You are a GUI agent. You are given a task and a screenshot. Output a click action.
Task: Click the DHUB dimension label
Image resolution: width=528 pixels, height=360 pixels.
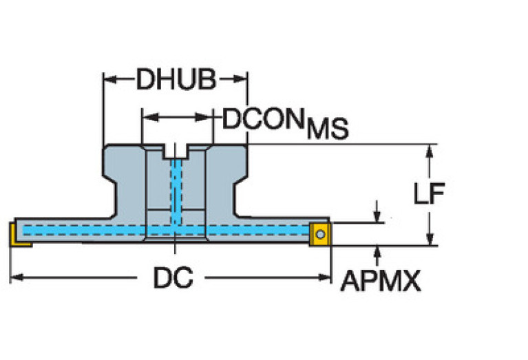click(x=176, y=79)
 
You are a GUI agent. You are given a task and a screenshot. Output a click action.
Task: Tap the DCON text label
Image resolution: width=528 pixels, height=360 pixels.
click(x=263, y=119)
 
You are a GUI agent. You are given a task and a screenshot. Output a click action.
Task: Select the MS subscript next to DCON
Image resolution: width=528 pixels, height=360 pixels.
click(x=327, y=129)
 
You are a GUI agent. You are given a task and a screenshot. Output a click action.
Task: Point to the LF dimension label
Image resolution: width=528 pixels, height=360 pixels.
click(x=429, y=193)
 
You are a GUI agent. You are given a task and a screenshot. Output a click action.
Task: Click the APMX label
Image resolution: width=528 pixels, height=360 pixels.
click(x=381, y=281)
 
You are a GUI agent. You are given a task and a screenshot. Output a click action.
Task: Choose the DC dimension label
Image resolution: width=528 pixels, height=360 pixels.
click(x=173, y=277)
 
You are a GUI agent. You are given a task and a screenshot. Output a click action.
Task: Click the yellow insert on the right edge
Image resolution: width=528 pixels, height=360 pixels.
click(x=320, y=235)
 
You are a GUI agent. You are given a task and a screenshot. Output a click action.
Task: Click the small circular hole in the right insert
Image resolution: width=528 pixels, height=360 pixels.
click(x=320, y=234)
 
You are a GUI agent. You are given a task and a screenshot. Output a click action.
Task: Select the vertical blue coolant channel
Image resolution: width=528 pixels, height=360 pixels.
click(x=176, y=192)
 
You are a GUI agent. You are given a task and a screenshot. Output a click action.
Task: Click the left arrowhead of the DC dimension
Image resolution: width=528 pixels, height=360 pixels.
click(x=17, y=277)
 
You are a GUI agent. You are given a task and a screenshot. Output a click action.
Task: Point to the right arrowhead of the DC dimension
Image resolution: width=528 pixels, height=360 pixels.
click(x=325, y=277)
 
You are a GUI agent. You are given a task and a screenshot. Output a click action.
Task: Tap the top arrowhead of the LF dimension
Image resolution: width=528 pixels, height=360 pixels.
click(x=429, y=151)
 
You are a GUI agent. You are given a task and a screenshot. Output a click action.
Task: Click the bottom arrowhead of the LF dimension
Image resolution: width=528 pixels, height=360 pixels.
click(x=430, y=239)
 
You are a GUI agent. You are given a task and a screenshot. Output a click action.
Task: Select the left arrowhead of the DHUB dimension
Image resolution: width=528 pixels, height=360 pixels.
click(x=110, y=79)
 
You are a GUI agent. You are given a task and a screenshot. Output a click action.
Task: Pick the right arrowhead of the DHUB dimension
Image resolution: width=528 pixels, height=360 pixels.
click(x=240, y=79)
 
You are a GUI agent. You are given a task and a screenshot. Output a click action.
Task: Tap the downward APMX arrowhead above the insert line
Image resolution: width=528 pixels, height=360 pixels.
click(x=377, y=216)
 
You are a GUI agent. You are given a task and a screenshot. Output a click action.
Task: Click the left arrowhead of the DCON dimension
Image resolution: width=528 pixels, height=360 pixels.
click(x=150, y=117)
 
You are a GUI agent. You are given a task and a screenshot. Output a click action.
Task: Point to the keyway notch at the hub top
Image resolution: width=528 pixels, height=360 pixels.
click(x=176, y=151)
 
